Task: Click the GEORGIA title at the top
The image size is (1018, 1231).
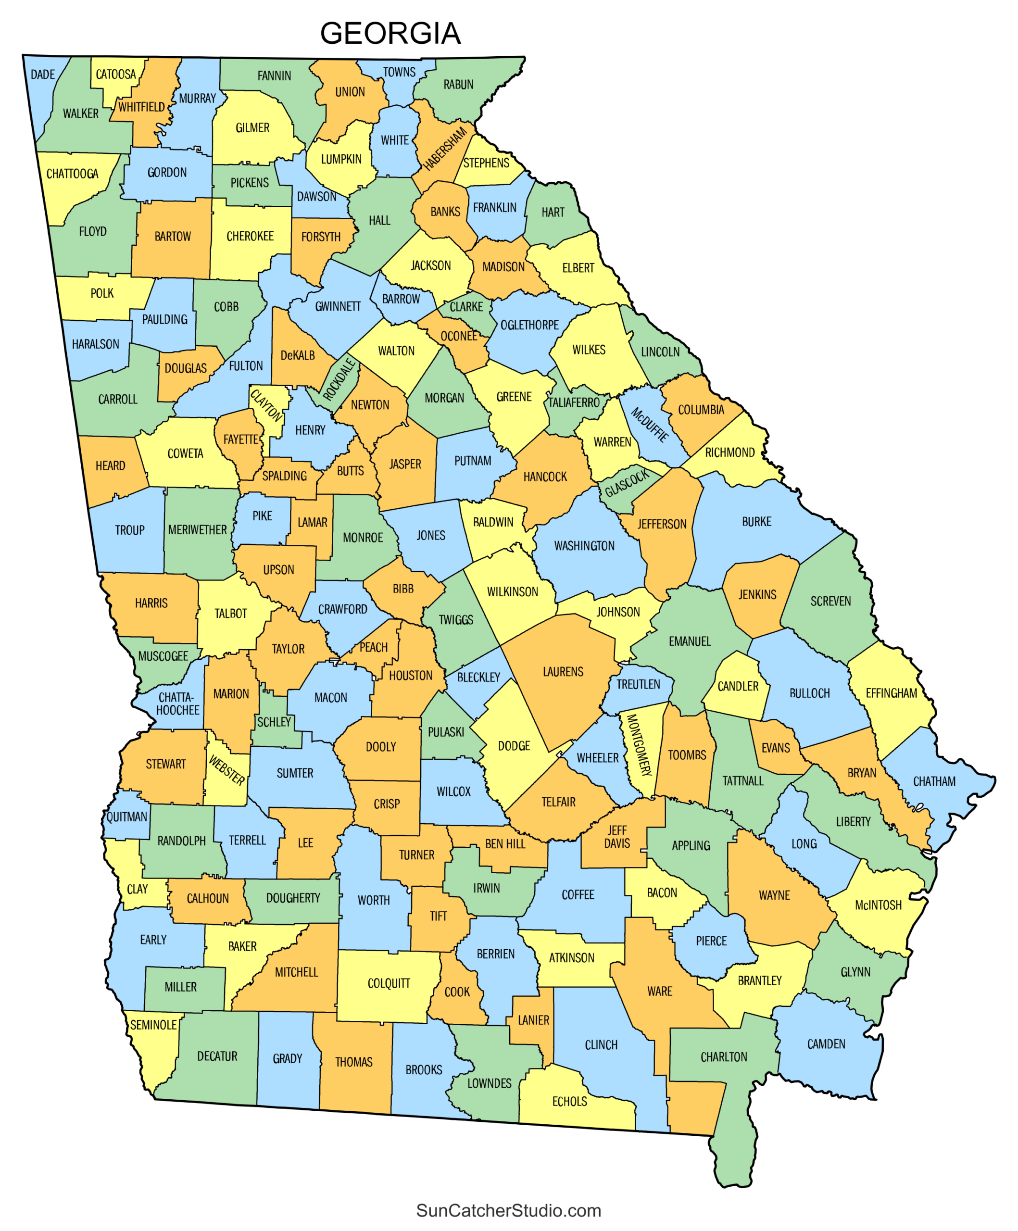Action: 390,33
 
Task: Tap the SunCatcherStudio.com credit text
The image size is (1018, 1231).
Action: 508,1210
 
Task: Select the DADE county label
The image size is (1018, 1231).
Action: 43,75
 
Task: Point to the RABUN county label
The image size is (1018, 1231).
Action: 458,85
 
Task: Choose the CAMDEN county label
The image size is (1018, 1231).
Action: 826,1044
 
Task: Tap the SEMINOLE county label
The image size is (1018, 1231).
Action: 153,1025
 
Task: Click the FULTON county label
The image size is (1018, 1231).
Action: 246,366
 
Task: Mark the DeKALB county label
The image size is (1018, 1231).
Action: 298,355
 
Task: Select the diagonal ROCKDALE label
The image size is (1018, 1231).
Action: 340,379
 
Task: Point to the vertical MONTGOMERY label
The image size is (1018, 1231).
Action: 640,744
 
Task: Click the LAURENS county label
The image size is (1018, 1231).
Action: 563,672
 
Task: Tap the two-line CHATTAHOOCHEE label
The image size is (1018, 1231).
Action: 177,703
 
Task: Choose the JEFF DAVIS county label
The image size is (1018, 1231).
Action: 617,837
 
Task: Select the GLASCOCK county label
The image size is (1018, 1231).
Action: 628,482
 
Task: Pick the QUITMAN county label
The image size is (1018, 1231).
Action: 126,816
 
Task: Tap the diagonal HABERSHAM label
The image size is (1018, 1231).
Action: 445,148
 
